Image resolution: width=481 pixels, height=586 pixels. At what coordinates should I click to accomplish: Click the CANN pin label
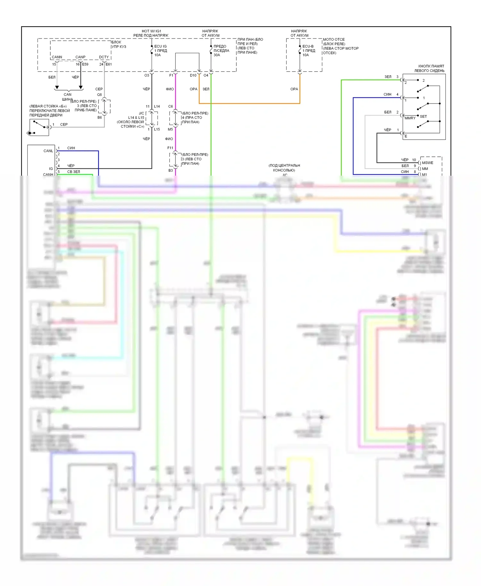57,57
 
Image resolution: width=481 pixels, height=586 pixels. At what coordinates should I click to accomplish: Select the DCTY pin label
104,57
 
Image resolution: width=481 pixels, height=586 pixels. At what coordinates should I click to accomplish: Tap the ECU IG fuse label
160,46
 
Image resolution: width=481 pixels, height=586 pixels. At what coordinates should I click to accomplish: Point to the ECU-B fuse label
308,46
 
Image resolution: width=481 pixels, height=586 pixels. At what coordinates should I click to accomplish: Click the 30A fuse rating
217,55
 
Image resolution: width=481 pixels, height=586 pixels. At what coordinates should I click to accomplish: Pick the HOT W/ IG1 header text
151,31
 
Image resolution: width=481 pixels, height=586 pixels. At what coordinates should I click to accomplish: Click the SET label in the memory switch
423,116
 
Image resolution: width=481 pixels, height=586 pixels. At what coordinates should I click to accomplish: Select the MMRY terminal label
410,118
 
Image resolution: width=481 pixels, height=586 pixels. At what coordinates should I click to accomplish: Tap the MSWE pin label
427,163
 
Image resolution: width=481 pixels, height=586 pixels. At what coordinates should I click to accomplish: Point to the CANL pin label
48,151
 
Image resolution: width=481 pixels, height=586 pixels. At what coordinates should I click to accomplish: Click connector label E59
85,64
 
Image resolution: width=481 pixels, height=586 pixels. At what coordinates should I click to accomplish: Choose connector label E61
109,64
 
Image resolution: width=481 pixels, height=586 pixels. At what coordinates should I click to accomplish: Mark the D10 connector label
193,75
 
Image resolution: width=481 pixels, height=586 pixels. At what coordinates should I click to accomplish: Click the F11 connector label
170,148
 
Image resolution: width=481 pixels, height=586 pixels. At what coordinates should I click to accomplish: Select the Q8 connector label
99,95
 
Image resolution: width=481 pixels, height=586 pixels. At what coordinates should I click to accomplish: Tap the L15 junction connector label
157,129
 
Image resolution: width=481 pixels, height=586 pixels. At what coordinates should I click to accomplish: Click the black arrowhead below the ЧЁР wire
81,87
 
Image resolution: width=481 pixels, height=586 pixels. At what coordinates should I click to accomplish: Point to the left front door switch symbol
39,127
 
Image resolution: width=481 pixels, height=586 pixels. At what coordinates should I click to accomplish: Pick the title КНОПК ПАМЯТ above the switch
431,66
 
